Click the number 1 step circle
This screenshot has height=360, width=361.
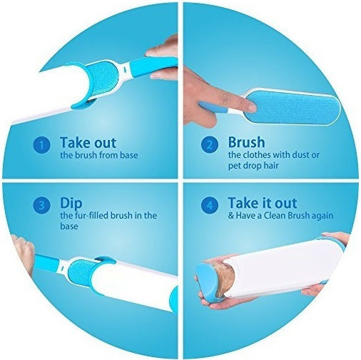pyautogui.click(x=42, y=145)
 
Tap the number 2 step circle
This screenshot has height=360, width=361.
pyautogui.click(x=210, y=144)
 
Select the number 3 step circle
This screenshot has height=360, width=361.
pyautogui.click(x=42, y=205)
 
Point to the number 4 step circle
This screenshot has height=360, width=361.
pyautogui.click(x=210, y=205)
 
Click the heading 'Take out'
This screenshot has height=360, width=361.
pyautogui.click(x=88, y=142)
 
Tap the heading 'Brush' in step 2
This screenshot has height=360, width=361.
pyautogui.click(x=246, y=142)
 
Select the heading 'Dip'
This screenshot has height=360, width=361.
pyautogui.click(x=71, y=204)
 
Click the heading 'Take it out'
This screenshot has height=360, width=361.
pyautogui.click(x=263, y=203)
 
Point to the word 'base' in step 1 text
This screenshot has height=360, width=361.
pyautogui.click(x=128, y=155)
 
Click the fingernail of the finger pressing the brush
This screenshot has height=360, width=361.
pyautogui.click(x=251, y=107)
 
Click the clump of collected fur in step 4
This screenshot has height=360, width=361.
pyautogui.click(x=221, y=278)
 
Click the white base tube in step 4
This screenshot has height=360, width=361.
pyautogui.click(x=284, y=269)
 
